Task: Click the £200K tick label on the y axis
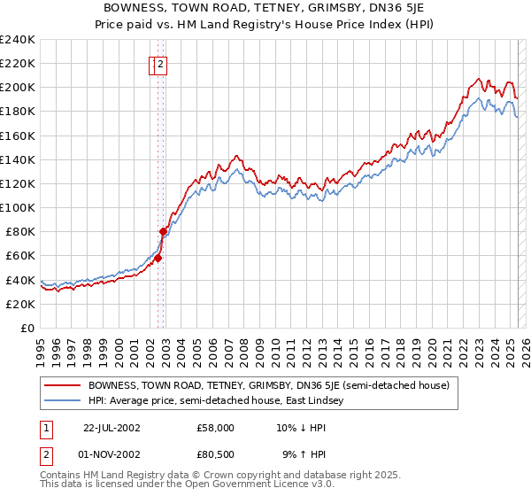pos(17,87)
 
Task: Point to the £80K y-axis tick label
pos(19,231)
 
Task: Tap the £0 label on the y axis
pos(27,328)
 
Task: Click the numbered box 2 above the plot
pos(162,63)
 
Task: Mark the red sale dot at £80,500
pos(164,231)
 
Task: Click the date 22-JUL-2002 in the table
pos(112,427)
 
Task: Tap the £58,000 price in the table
pos(216,427)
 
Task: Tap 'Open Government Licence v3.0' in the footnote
pos(258,484)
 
